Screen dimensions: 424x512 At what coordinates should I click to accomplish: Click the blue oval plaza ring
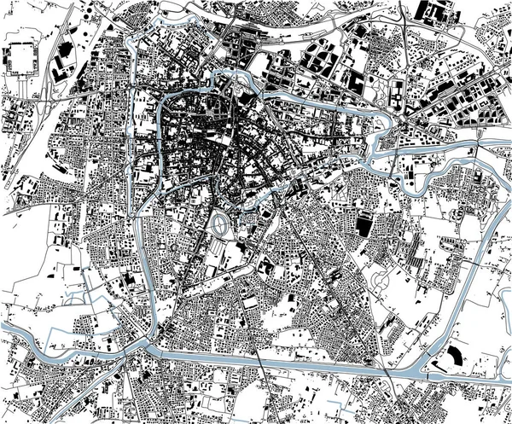pyautogui.click(x=220, y=225)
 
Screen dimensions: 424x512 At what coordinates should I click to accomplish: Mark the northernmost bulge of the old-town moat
pyautogui.click(x=232, y=79)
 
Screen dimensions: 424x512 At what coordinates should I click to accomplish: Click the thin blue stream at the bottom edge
pyautogui.click(x=320, y=401)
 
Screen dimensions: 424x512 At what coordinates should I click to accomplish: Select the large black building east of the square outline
pyautogui.click(x=64, y=64)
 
